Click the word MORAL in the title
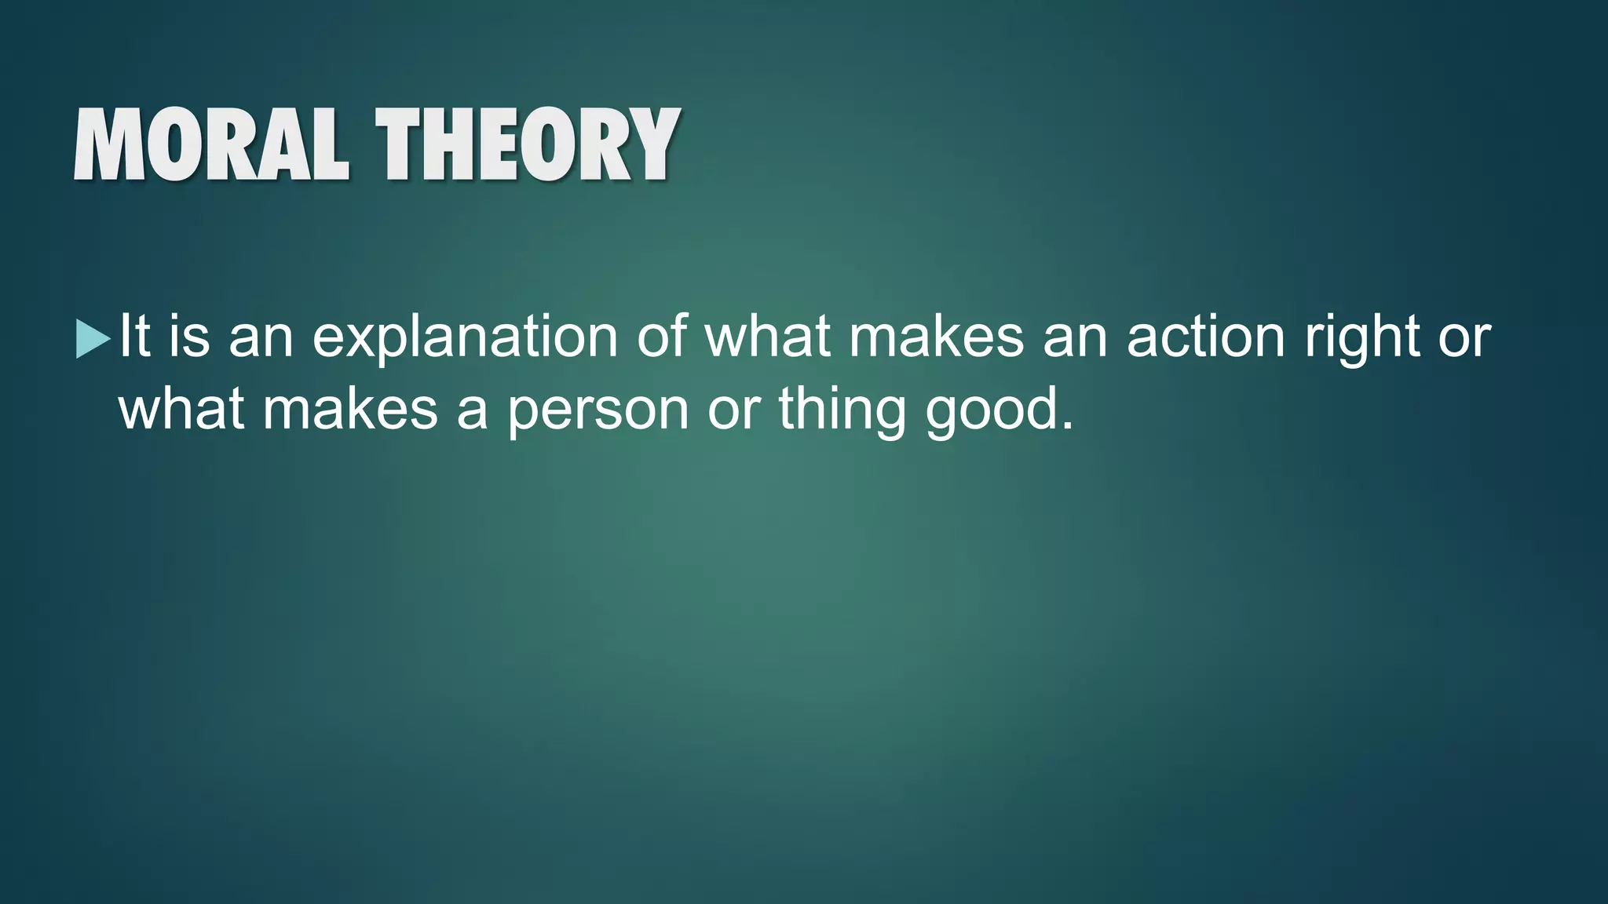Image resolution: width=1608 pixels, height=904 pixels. coord(210,146)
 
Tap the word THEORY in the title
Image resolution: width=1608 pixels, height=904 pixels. coord(527,146)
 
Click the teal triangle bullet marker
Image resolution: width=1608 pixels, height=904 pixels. coord(93,339)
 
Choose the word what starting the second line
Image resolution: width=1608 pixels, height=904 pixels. coord(181,410)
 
